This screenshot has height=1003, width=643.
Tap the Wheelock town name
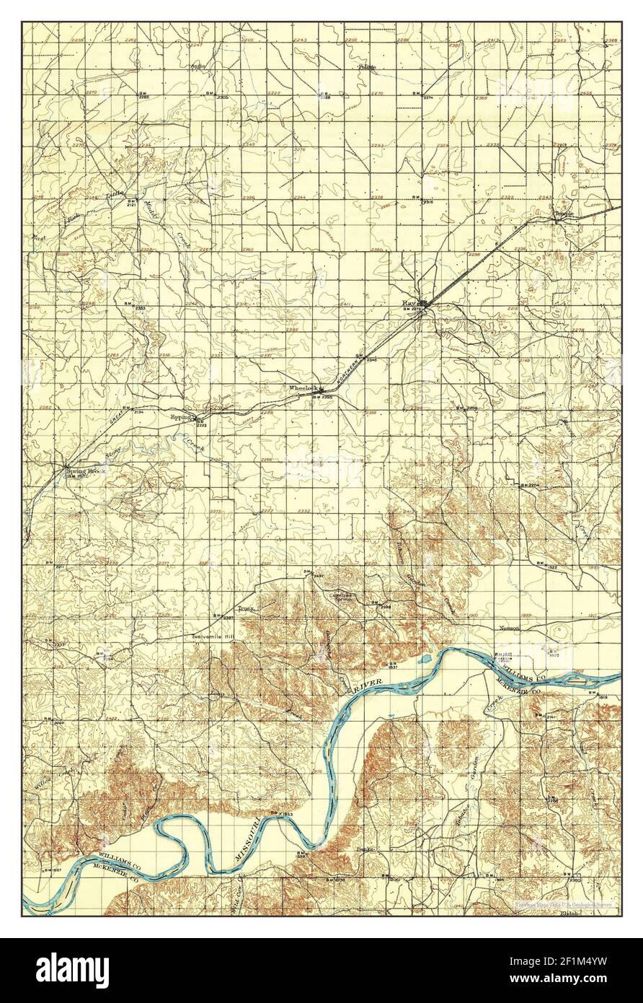click(303, 388)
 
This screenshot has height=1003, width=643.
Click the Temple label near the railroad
click(563, 214)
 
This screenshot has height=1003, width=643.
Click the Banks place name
click(365, 851)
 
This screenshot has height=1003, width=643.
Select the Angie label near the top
click(198, 66)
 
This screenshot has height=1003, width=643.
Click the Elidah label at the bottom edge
click(570, 912)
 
